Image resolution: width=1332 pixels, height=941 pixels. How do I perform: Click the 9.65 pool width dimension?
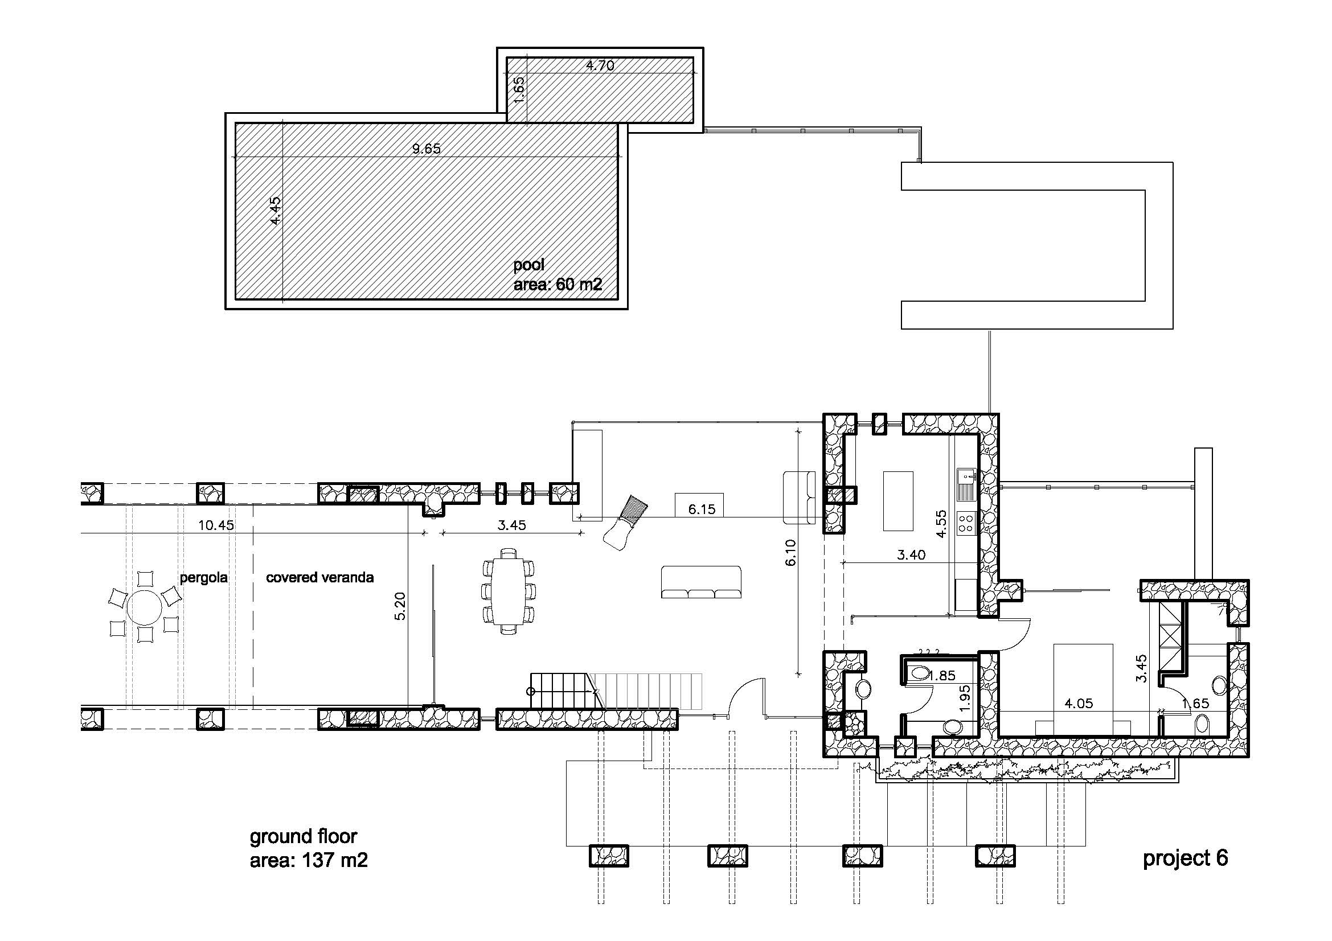click(x=427, y=149)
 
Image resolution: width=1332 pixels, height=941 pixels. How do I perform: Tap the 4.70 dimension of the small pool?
click(x=600, y=65)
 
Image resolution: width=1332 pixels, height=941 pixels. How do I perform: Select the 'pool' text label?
click(x=529, y=265)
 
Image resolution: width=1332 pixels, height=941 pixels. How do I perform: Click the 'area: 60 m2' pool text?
click(x=558, y=285)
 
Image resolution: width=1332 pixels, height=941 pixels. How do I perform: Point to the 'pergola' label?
click(x=204, y=577)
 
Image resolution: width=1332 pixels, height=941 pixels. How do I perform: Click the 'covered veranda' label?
click(x=319, y=577)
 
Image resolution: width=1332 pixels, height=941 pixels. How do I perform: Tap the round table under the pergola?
click(x=145, y=608)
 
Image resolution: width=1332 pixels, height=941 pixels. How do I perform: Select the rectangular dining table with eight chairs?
click(x=508, y=591)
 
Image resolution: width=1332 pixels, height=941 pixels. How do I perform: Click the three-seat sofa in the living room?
click(x=702, y=582)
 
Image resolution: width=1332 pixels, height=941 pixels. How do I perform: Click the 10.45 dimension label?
click(x=216, y=525)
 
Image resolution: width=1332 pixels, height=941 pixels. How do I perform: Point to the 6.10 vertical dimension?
click(x=791, y=553)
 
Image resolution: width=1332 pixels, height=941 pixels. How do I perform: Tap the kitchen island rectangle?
click(x=898, y=501)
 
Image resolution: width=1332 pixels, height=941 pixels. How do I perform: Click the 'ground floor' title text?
click(x=304, y=836)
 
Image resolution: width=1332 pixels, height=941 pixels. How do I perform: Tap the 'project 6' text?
click(x=1185, y=858)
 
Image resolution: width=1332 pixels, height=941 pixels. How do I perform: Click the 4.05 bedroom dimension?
click(x=1079, y=704)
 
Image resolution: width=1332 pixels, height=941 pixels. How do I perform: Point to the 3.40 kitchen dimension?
click(x=911, y=555)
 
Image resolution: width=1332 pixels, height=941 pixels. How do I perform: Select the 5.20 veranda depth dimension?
click(x=400, y=606)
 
